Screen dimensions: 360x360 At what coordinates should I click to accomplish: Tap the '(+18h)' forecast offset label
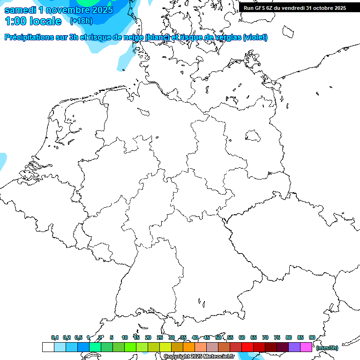pos(81,21)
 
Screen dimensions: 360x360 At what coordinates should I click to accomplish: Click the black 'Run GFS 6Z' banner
pos(295,7)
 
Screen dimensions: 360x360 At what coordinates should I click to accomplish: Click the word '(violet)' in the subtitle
pos(255,37)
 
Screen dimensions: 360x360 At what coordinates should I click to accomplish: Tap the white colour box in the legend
pos(48,347)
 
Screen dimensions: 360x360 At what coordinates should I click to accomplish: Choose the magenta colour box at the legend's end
pos(306,347)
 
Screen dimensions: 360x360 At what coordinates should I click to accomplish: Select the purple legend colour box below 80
pos(294,347)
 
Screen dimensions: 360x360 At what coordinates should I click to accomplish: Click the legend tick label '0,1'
pos(55,337)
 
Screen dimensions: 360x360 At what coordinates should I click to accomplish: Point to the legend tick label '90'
pos(312,337)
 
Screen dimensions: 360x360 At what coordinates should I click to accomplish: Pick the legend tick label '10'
pos(125,337)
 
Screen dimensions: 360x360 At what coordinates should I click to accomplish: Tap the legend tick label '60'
pos(242,337)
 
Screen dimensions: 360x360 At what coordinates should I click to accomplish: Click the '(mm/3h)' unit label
pos(327,348)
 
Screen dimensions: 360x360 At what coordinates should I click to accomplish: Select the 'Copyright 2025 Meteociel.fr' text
pos(199,357)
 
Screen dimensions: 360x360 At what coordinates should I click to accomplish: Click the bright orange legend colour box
pos(189,347)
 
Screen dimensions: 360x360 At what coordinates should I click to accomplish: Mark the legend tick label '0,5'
pos(78,337)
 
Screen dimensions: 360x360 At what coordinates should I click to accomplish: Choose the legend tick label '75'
pos(277,337)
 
